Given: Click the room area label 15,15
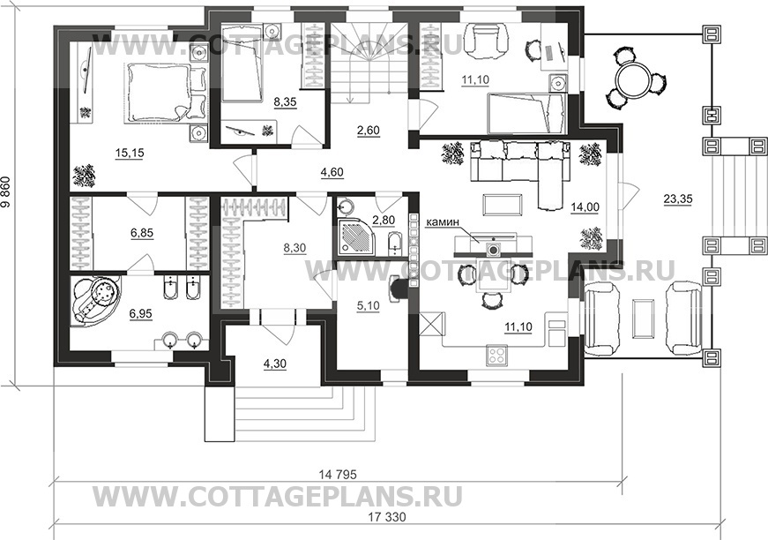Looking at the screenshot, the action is pos(130,154).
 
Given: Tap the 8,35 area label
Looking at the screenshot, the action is pos(286,102).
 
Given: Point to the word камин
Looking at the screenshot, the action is pos(444,222).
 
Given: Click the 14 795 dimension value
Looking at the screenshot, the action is pos(338,475).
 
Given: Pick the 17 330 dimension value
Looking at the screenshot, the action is pos(387,517).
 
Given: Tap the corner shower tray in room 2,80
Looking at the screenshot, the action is pos(356,238).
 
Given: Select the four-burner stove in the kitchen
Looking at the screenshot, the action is pos(497,355).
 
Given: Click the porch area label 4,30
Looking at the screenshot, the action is pos(275,364).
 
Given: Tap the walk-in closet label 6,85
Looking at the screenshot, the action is pos(142,233).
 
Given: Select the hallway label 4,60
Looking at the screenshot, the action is pos(332,172).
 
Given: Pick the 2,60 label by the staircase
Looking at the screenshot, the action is pos(368,131).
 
